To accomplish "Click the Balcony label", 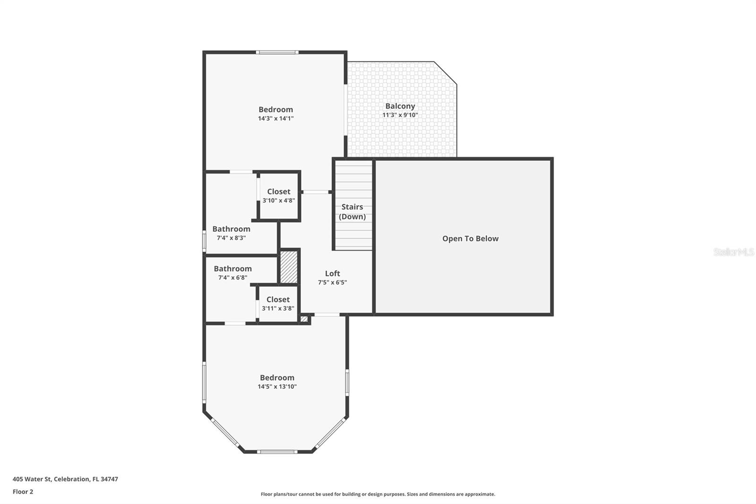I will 400,106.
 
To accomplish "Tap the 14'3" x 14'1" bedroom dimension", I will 275,119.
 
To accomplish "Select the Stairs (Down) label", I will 352,212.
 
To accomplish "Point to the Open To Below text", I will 470,239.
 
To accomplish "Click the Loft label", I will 332,273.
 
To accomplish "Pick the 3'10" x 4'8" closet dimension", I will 279,200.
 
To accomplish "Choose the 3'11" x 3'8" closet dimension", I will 278,308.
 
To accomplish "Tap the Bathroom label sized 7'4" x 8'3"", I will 231,229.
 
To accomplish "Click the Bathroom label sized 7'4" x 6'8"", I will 232,269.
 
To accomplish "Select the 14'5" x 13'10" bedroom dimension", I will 277,387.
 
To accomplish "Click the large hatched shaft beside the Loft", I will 289,267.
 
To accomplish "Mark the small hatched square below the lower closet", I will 304,319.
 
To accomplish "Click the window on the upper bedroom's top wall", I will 277,52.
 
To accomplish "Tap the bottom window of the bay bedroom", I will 277,452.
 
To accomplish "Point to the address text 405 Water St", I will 65,479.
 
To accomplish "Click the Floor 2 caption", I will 23,492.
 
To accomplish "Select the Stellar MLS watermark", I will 733,252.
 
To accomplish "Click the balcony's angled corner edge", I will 446,73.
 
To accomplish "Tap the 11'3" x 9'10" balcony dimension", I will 400,115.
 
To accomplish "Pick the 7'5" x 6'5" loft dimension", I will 332,282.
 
